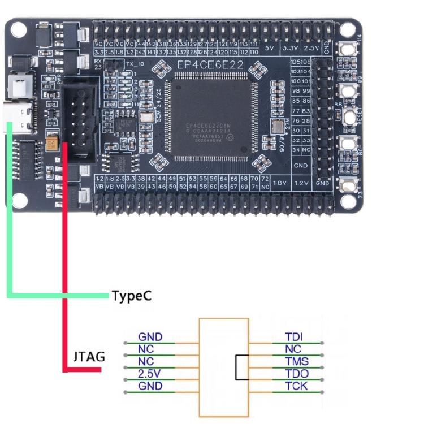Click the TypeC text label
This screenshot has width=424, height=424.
coord(131,296)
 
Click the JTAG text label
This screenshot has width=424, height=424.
coord(89,357)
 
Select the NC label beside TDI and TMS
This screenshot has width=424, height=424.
coord(294,349)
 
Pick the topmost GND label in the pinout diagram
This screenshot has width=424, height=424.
coord(150,337)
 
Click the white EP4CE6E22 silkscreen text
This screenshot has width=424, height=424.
coord(210,66)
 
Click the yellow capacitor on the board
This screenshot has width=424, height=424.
coord(53,142)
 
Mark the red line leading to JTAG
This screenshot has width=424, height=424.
coord(65,254)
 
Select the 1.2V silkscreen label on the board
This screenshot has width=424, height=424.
coord(301,183)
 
